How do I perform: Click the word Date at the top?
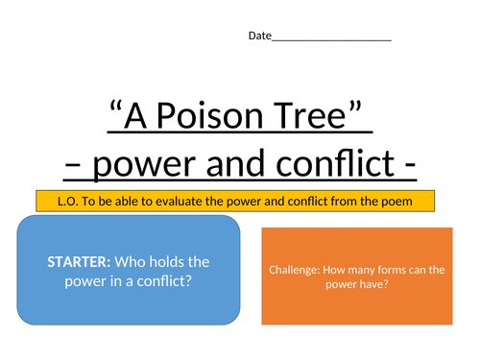click(x=259, y=36)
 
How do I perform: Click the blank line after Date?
click(x=331, y=36)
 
